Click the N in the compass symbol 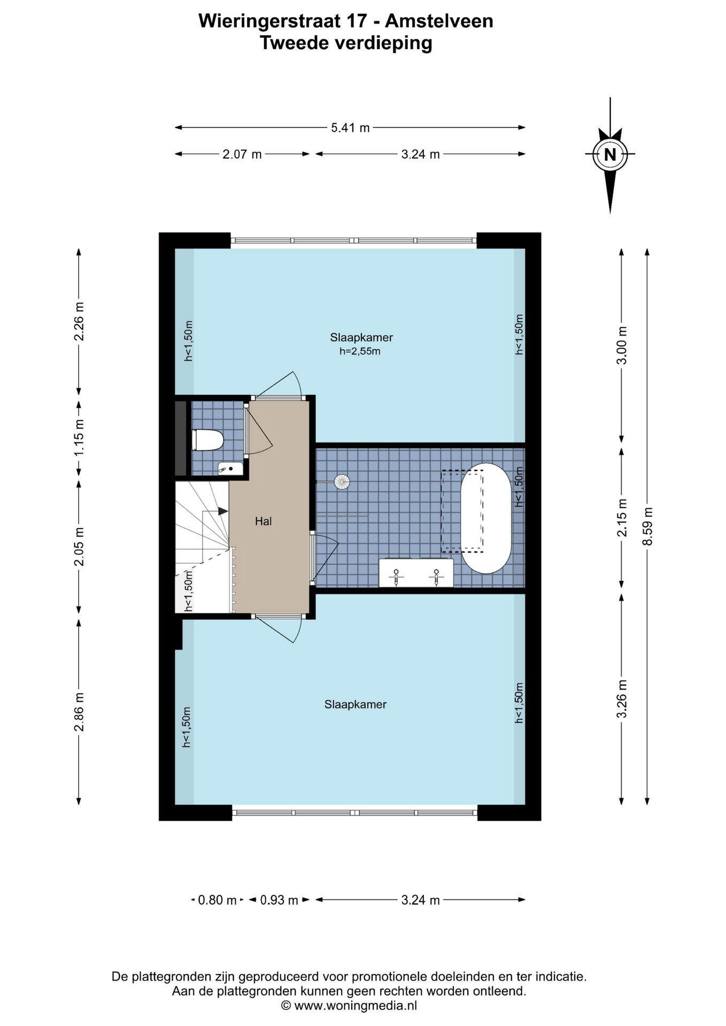(x=610, y=154)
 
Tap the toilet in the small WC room (x=207, y=440)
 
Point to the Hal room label (x=263, y=521)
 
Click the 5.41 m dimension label (x=350, y=128)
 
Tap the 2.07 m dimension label (x=242, y=154)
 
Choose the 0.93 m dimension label (x=279, y=900)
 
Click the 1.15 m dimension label (x=79, y=437)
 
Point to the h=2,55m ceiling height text (x=360, y=351)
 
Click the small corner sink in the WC (x=230, y=468)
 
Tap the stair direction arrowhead (x=223, y=511)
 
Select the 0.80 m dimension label (x=217, y=900)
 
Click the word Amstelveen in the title (x=439, y=21)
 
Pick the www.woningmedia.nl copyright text (x=349, y=1006)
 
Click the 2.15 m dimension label (x=622, y=518)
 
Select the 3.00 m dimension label (x=622, y=345)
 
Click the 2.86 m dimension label (x=79, y=712)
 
